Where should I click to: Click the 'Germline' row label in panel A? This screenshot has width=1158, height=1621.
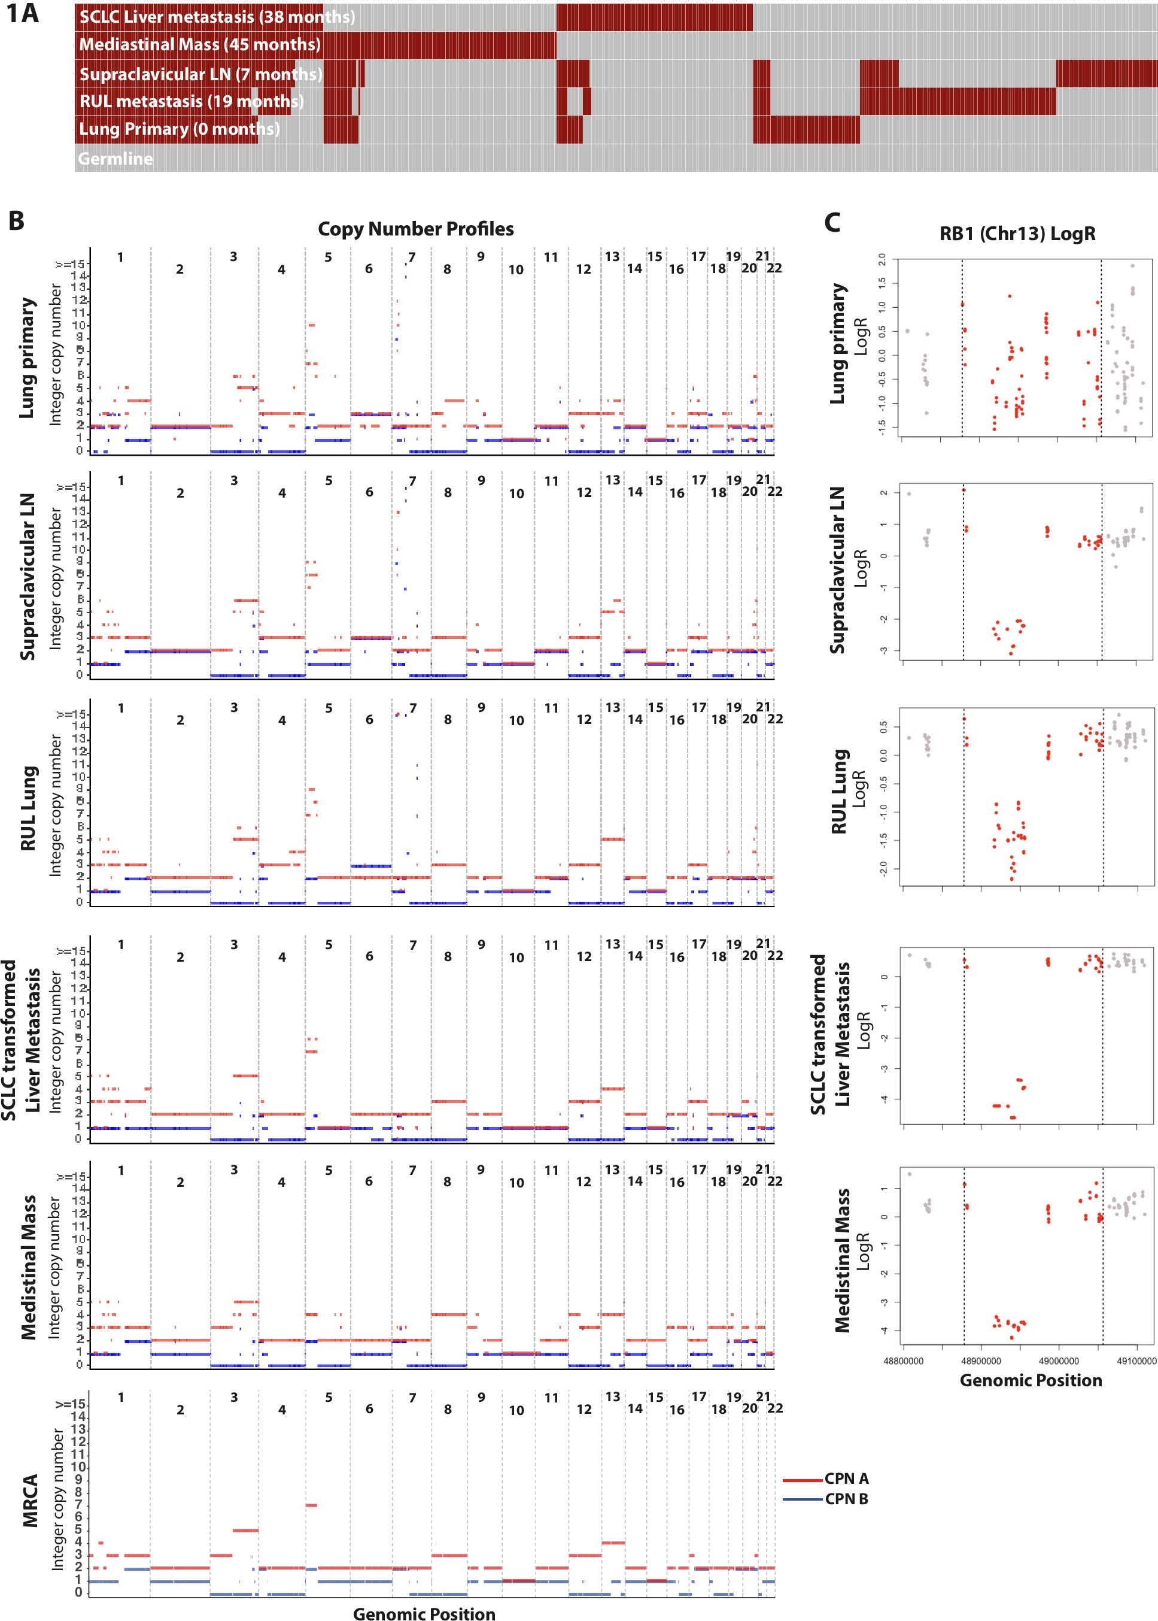click(116, 159)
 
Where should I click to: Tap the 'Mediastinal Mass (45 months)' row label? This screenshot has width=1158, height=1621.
click(200, 44)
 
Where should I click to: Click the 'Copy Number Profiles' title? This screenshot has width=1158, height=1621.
click(416, 229)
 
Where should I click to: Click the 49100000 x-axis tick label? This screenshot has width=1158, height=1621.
click(1136, 1361)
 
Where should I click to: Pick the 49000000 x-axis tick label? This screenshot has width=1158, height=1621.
click(1058, 1361)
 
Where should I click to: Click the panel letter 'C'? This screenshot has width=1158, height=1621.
click(831, 223)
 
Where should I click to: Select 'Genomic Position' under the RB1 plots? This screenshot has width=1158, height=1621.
click(1031, 1380)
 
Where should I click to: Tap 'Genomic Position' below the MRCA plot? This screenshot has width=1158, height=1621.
click(424, 1614)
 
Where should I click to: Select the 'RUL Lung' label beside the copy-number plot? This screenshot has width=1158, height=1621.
click(29, 808)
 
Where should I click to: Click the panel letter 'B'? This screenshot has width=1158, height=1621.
click(16, 221)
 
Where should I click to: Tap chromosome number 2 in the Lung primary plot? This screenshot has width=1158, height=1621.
click(180, 269)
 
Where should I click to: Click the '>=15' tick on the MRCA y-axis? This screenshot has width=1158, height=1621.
click(71, 1404)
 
